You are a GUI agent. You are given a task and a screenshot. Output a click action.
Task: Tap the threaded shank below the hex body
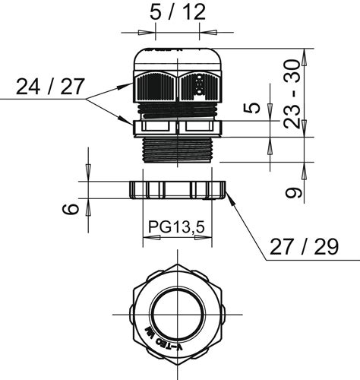(177, 148)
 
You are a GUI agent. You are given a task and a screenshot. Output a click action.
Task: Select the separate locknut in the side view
(178, 190)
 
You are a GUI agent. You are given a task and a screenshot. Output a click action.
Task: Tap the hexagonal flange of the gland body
(177, 128)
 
